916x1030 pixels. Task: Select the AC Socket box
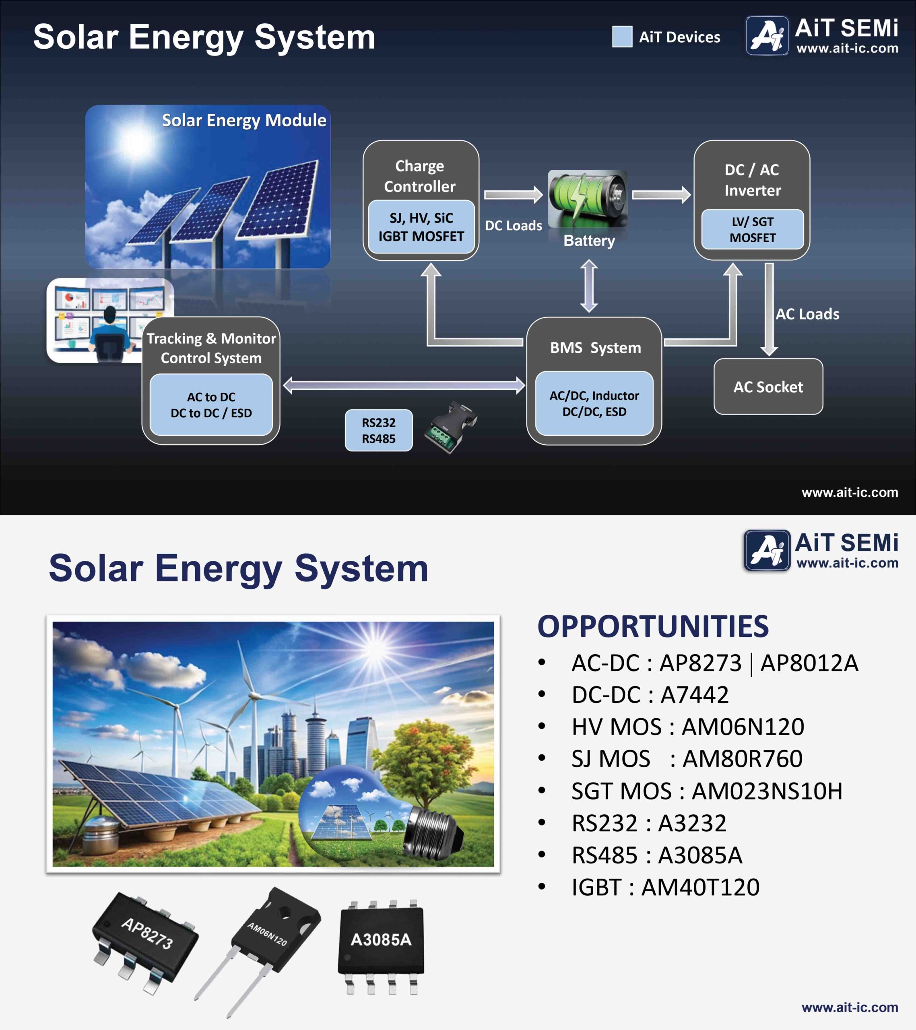768,387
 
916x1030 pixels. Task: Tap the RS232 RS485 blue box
379,431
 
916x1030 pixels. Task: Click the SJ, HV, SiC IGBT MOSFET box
421,227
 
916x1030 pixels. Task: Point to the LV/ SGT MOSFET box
753,229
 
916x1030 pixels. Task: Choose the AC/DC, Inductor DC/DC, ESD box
594,403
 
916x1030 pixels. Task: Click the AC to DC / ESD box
211,405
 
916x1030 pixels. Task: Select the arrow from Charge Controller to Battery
513,194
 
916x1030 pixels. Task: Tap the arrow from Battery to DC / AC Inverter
661,194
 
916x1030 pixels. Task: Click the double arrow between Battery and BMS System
589,286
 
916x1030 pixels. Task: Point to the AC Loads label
807,314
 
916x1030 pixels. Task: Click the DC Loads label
513,225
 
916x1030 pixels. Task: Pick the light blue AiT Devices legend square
622,37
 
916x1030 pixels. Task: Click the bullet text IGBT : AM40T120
665,887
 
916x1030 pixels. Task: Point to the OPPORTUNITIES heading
653,626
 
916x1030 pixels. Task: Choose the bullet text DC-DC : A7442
650,695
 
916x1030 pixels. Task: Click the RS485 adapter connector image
451,426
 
